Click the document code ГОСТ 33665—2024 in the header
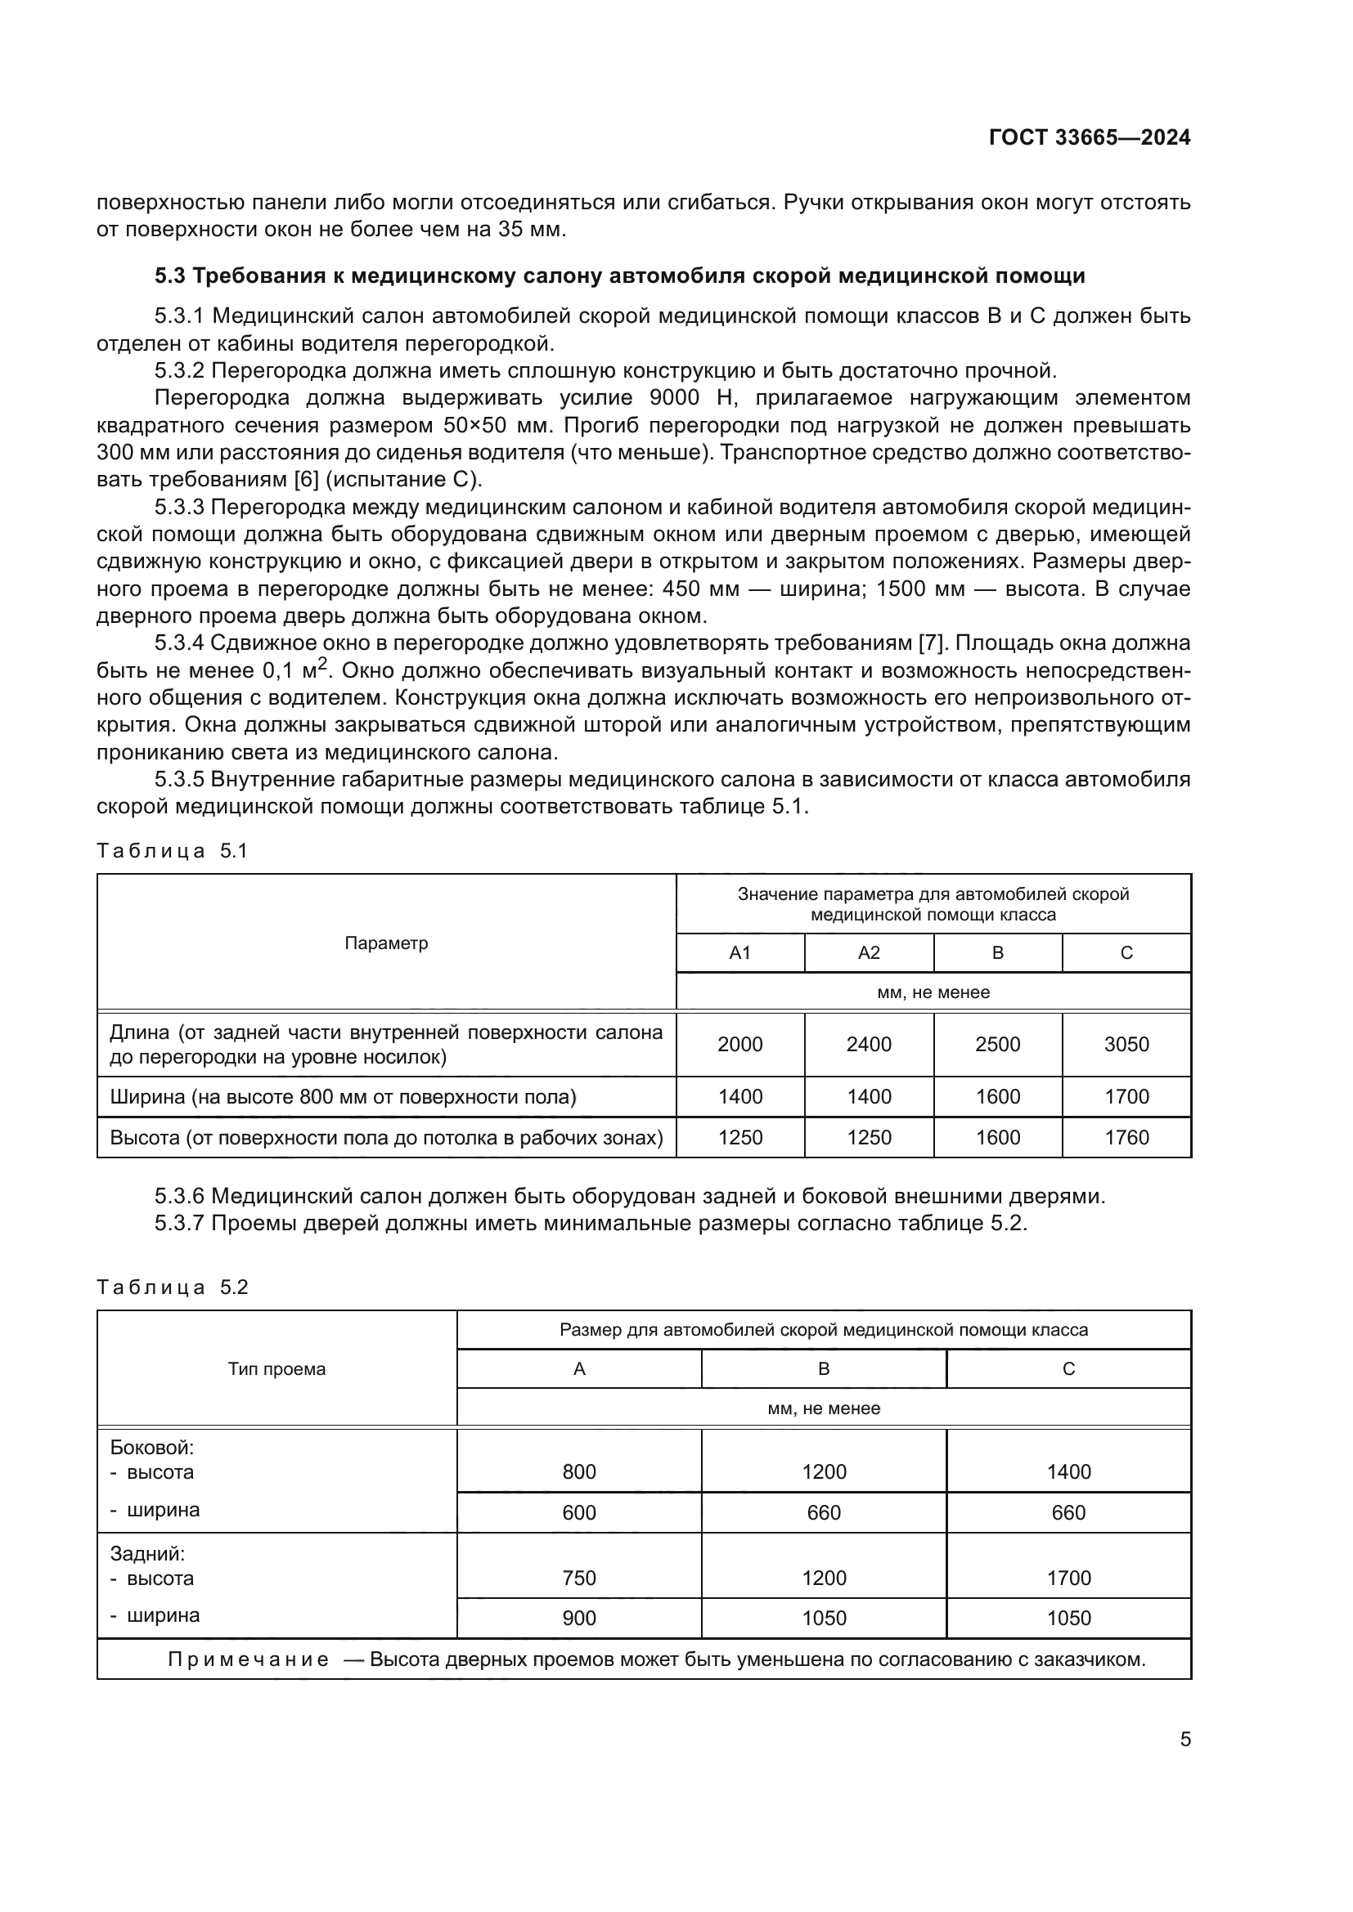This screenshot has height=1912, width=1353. [1089, 137]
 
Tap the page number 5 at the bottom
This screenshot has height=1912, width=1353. [1184, 1740]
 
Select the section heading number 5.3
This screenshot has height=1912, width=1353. [172, 275]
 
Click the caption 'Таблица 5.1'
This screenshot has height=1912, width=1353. [173, 850]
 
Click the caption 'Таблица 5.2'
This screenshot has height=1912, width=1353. [173, 1287]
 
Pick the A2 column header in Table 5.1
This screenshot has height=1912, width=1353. [868, 952]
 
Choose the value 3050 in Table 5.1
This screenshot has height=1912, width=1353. [1126, 1044]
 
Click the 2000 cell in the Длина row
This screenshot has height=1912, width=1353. [739, 1044]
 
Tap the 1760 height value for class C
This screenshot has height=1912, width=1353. [1126, 1138]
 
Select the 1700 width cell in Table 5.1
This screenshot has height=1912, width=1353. [1126, 1097]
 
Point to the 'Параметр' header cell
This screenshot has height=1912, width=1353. [386, 943]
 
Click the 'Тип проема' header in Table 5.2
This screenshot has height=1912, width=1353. [276, 1369]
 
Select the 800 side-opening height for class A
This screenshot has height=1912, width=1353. [579, 1472]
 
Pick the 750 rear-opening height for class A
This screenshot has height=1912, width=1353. [579, 1578]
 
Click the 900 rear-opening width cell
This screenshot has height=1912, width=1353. [579, 1618]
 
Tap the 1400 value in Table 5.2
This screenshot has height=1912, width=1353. [1068, 1472]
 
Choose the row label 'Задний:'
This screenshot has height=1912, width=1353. [147, 1553]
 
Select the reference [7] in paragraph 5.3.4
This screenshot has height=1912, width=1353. [929, 643]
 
